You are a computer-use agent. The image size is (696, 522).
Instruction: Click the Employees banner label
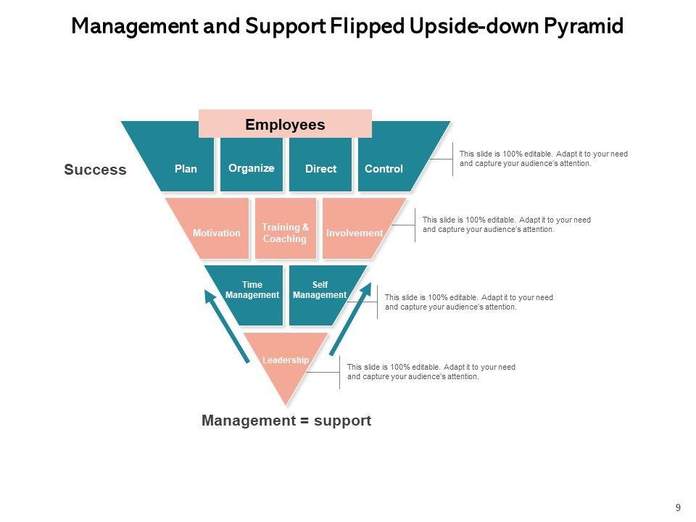[285, 124]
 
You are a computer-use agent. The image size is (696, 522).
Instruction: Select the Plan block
[186, 168]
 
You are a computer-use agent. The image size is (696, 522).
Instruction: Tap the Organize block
[251, 167]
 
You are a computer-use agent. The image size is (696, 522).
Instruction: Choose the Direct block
[320, 168]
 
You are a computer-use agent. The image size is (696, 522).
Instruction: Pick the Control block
[384, 168]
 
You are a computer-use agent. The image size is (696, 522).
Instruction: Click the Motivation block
[216, 233]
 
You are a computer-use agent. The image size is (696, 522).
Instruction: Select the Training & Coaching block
[285, 232]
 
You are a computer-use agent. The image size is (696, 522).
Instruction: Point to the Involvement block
[354, 233]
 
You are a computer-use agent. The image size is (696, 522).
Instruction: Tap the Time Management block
[252, 291]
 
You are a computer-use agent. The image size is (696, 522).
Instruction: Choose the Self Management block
[320, 291]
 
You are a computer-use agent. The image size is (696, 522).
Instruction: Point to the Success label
[95, 170]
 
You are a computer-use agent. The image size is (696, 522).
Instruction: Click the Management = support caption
[286, 420]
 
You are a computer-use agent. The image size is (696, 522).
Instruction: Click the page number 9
[678, 507]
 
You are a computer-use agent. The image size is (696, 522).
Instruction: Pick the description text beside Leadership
[431, 372]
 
